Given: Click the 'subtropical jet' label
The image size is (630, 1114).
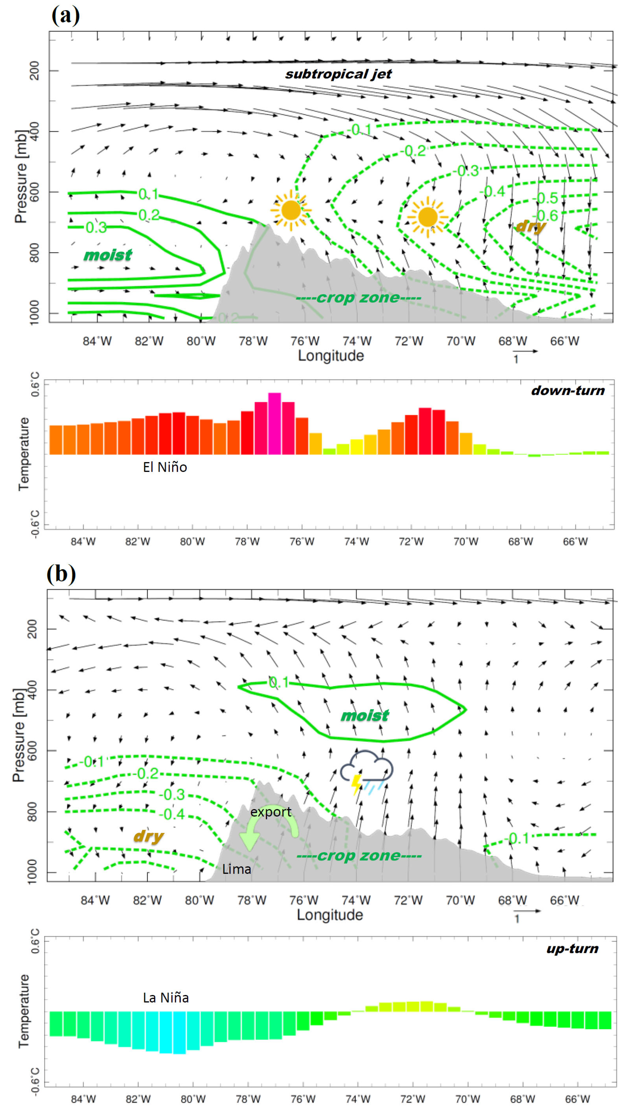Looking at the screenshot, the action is [x=338, y=74].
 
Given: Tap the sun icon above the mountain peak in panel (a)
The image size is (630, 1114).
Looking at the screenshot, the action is [x=291, y=210].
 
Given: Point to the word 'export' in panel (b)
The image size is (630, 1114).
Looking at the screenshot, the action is [x=271, y=812].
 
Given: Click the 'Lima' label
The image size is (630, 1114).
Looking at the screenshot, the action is [x=236, y=869].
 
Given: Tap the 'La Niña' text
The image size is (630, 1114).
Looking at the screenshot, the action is [x=166, y=998].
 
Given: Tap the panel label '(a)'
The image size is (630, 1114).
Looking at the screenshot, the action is [x=65, y=16].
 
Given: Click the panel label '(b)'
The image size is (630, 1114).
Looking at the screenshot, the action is [x=61, y=574].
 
